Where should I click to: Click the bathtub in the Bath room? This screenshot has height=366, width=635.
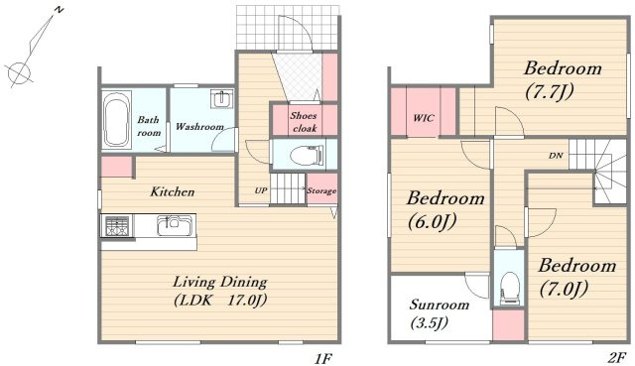coord(116,120)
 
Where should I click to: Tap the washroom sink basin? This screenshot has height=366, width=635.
coord(221,99)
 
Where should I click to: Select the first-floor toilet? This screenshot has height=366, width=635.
coord(307,155)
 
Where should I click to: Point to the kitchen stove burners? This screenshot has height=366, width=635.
coord(117,226)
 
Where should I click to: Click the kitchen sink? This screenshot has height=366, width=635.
coord(175,225)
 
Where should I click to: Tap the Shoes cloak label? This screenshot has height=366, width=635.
coord(305,122)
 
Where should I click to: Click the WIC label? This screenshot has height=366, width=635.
coord(424,118)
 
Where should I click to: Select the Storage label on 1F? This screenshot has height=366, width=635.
coord(321,190)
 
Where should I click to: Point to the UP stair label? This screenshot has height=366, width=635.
coord(261,189)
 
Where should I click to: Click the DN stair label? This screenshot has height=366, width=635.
coord(556,156)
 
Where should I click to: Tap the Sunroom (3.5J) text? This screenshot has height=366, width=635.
coord(439,313)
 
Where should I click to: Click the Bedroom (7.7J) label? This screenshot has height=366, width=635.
coord(563,79)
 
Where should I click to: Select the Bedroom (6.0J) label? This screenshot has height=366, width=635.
coord(445,209)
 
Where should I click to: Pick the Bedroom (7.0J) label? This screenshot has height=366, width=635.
coord(577,278)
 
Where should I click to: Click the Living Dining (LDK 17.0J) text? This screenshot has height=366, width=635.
coord(220,291)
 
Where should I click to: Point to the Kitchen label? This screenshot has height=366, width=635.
coord(173,191)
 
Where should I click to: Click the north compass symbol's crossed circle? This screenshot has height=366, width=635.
coord(20,72)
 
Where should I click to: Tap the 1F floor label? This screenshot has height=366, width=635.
coord(323,359)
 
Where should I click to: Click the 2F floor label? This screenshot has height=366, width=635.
coord(617,358)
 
